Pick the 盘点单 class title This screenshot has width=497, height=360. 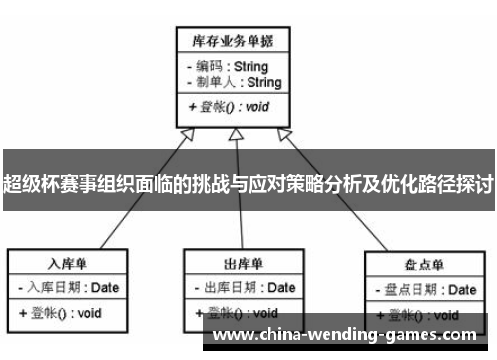[x=423, y=266]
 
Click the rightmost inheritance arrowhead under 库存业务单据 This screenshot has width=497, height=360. [x=283, y=136]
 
